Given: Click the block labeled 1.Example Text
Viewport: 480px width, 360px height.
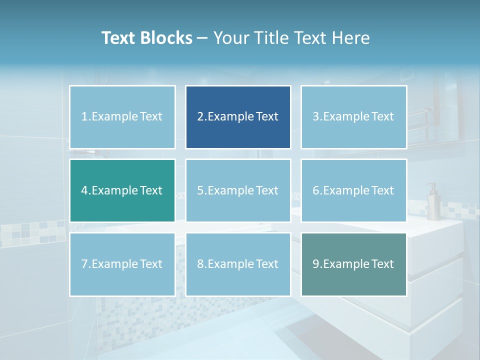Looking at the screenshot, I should (x=122, y=117).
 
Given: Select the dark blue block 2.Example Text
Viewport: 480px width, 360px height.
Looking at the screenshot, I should (x=238, y=117).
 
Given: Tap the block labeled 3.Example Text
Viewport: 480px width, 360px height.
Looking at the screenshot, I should (x=353, y=117).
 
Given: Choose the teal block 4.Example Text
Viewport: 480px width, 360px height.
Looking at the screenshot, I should (x=122, y=190).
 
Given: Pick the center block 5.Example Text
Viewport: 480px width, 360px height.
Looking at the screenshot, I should (x=238, y=190).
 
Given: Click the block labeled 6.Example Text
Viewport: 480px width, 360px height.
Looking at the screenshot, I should (x=353, y=190).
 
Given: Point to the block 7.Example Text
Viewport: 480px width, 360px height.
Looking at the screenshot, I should (x=122, y=264).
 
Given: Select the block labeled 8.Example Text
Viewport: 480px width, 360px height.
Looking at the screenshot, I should (x=238, y=264).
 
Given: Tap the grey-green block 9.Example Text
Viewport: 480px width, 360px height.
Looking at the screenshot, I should (x=353, y=264).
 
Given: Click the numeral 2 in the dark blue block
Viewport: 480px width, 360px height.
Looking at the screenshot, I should (x=200, y=117).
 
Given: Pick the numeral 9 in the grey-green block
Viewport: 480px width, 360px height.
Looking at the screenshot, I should (x=315, y=264).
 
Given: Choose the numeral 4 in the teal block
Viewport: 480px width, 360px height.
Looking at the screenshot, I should (x=84, y=190).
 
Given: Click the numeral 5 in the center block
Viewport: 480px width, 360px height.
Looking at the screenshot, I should (x=200, y=190).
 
